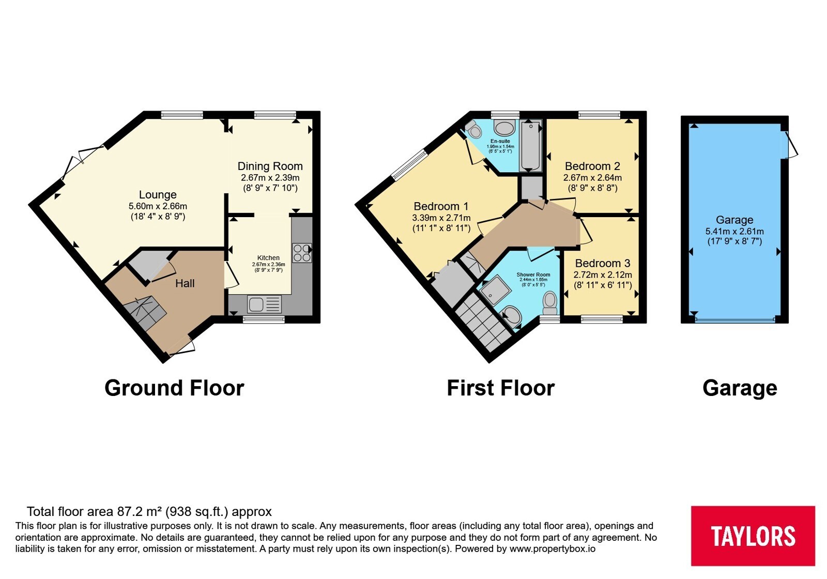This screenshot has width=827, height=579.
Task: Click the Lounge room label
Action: [x=158, y=194]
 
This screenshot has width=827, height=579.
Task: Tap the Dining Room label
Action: [x=270, y=166]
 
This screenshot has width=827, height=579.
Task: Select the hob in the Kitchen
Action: [x=302, y=253]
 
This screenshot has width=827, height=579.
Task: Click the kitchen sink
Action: [x=264, y=304]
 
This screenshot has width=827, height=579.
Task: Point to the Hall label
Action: [x=185, y=283]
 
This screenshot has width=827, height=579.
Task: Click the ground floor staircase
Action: [x=145, y=312]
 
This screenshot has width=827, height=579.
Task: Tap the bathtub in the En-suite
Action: [x=530, y=145]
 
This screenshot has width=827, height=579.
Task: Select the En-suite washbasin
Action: [x=504, y=128]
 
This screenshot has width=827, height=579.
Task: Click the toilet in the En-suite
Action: [x=473, y=129]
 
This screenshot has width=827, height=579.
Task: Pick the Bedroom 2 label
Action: [x=592, y=166]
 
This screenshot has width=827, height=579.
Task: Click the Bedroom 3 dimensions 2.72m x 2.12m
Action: [x=603, y=275]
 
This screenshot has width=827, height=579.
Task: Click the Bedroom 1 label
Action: [x=441, y=206]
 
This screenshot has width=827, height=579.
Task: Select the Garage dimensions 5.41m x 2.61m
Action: [x=734, y=231]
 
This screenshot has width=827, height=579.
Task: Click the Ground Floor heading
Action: [x=174, y=388]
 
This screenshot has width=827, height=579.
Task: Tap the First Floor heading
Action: [x=501, y=388]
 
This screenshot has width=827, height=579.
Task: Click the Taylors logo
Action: [x=753, y=536]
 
